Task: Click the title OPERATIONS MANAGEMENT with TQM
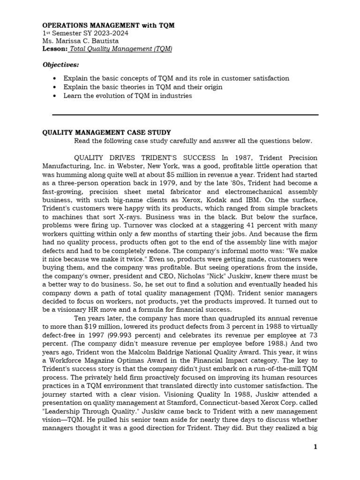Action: click(108, 25)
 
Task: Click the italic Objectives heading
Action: click(61, 64)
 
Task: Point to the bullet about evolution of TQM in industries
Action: click(127, 96)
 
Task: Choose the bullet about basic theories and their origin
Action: click(143, 87)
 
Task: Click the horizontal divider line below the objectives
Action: click(185, 114)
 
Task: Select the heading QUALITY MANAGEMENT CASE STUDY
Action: click(107, 133)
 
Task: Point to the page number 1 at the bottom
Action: click(315, 447)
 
